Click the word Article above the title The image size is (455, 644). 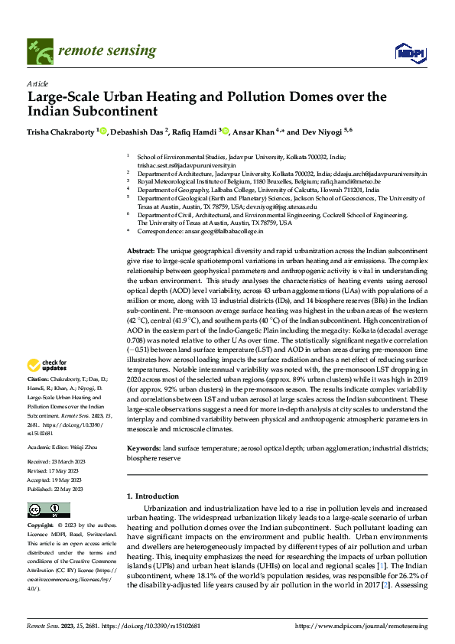[x=37, y=83]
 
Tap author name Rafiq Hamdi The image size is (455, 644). [x=195, y=132]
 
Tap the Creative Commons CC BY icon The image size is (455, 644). [x=44, y=509]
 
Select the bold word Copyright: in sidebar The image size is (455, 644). [x=40, y=526]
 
